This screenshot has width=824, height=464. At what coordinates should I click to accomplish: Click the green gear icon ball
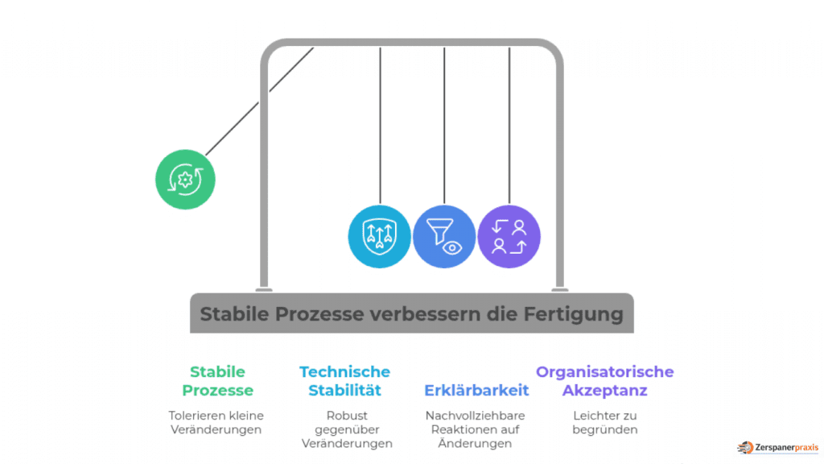(x=186, y=179)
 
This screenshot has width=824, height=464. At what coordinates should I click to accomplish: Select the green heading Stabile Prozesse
(x=217, y=381)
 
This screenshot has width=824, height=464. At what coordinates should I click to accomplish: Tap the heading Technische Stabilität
(x=344, y=381)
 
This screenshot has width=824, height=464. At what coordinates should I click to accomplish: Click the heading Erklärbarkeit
(x=476, y=391)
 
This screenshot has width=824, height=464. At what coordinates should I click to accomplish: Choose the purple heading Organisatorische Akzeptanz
(x=604, y=381)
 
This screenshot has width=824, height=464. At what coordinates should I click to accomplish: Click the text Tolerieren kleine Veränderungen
(x=216, y=423)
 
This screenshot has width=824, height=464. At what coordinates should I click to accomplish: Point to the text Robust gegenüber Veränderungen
(x=347, y=429)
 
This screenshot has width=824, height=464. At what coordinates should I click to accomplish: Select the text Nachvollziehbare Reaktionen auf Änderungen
(x=476, y=429)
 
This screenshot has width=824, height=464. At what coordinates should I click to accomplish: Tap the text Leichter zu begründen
(x=604, y=423)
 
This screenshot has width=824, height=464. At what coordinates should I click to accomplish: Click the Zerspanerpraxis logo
(x=777, y=447)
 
